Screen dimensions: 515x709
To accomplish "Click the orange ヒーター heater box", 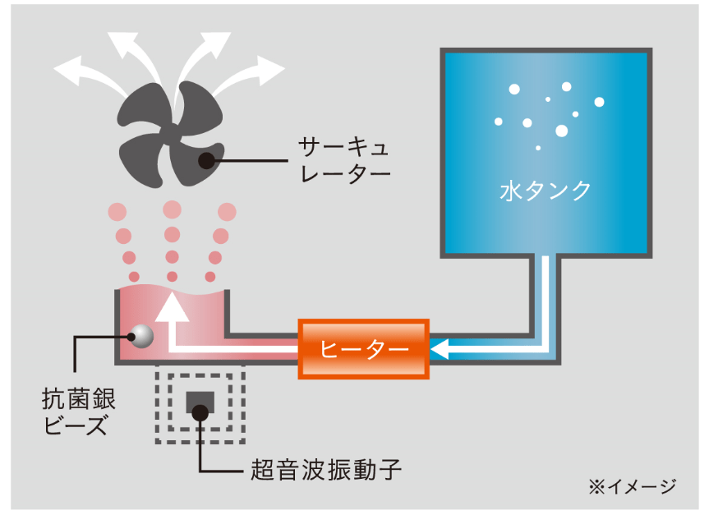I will pos(364,348).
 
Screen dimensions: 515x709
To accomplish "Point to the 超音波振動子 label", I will pos(325,471).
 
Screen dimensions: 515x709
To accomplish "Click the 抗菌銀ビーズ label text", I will pos(78,412).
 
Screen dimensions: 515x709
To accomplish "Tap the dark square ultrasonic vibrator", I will pos(200,402).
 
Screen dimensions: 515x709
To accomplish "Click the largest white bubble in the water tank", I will pos(562,131).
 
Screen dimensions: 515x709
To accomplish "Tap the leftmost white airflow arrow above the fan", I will pos(78,71).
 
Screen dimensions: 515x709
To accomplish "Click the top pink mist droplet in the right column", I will pos(228,211).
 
